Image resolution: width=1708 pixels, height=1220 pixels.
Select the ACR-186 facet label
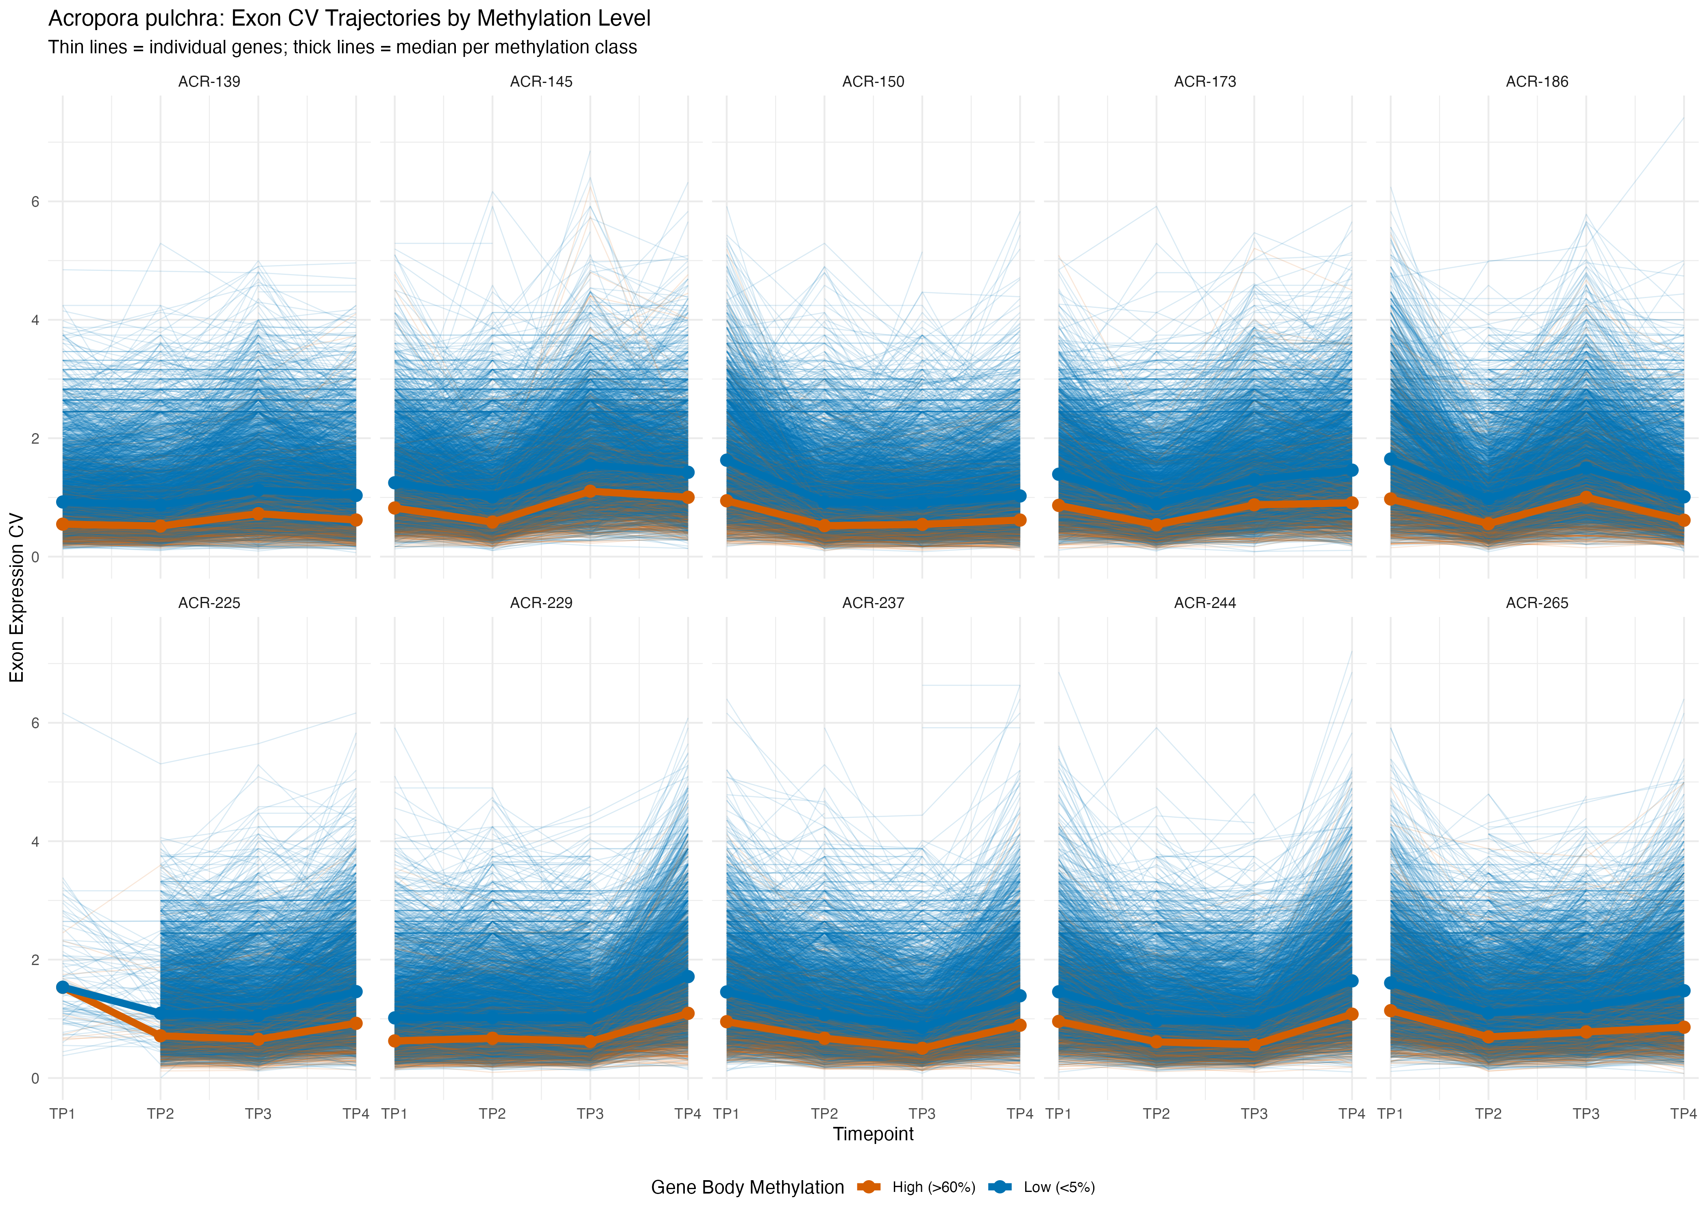coord(1537,82)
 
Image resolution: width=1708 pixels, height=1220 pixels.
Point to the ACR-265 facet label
coord(1537,603)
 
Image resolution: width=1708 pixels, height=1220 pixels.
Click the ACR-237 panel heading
coord(873,603)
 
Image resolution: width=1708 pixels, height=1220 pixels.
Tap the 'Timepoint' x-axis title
coord(873,1134)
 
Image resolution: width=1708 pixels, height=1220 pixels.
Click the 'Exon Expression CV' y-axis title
coord(17,597)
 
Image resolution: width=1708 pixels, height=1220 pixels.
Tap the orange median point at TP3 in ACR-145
coord(590,491)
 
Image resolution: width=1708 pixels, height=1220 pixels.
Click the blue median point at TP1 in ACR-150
coord(726,460)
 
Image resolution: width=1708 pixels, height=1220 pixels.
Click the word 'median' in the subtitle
coord(425,47)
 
